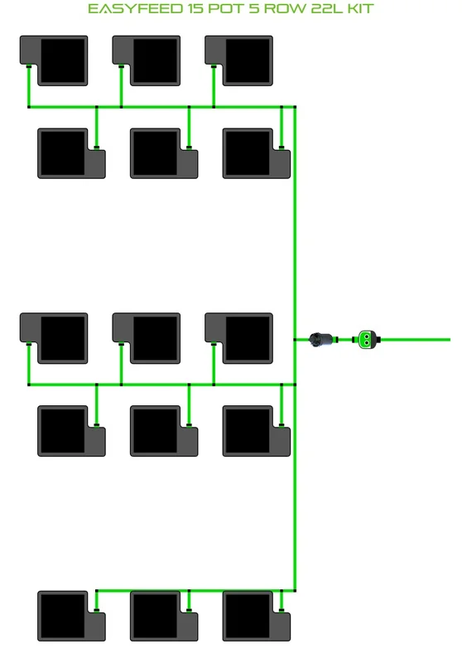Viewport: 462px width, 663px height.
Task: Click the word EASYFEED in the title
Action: click(x=135, y=8)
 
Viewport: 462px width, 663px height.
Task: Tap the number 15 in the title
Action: click(x=195, y=8)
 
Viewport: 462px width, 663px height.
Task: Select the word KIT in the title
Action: click(x=360, y=8)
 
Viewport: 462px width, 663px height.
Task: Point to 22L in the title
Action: click(x=327, y=8)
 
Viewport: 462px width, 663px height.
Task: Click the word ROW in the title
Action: click(x=285, y=8)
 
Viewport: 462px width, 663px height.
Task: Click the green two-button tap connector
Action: click(x=366, y=340)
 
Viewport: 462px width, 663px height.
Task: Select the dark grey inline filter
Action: click(x=323, y=340)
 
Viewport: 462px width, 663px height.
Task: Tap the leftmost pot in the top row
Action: click(x=54, y=60)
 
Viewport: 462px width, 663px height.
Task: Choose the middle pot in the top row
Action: click(x=146, y=60)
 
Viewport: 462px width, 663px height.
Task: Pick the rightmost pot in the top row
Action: click(x=238, y=60)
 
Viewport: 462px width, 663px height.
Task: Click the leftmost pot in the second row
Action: click(x=71, y=153)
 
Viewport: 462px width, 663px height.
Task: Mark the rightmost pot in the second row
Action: click(x=257, y=153)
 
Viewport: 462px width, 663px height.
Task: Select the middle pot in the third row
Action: click(x=146, y=338)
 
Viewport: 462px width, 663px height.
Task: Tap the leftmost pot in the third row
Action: click(x=54, y=338)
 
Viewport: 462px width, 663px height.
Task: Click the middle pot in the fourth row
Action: click(x=164, y=431)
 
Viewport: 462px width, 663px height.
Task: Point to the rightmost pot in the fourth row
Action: click(x=257, y=431)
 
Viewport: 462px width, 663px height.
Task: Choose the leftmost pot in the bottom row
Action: click(x=71, y=616)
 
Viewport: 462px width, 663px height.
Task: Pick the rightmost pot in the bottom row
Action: click(x=257, y=616)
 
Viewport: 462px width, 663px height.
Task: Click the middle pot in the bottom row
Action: click(x=164, y=616)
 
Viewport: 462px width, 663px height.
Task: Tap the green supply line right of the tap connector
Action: click(x=415, y=340)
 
